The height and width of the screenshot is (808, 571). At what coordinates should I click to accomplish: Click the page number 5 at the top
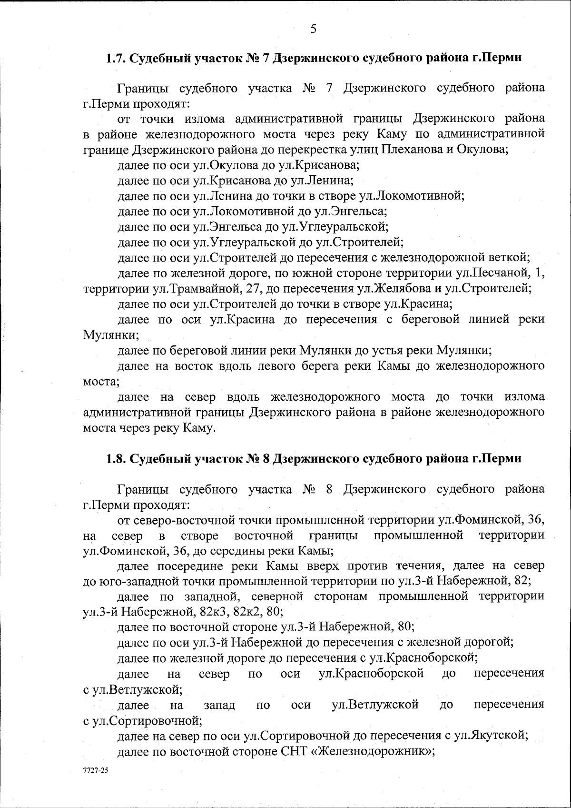tap(313, 30)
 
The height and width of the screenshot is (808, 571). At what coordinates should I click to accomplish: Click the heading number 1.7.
tap(116, 59)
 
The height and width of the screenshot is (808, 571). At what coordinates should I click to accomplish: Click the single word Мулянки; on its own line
tap(111, 335)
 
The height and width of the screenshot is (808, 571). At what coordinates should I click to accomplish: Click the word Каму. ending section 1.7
tap(199, 428)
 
